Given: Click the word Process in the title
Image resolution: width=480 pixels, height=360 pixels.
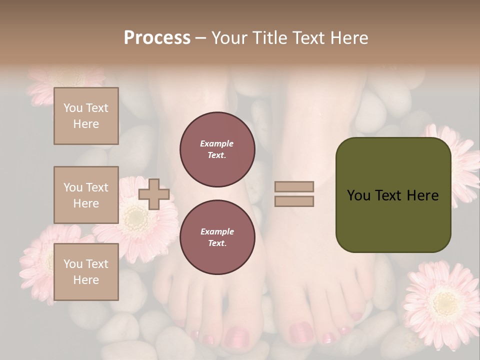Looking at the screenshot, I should tap(157, 37).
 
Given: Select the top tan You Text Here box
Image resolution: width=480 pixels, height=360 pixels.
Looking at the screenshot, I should tap(86, 116).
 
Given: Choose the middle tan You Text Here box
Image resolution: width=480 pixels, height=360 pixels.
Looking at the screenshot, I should tap(86, 195).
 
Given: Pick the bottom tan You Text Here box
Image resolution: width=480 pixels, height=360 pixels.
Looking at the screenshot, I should tap(86, 271).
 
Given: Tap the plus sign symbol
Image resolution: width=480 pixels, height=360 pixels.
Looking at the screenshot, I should tap(154, 194).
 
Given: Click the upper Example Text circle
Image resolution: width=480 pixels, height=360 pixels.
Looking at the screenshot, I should tap(217, 149).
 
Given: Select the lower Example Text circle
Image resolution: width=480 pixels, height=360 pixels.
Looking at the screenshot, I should tap(217, 237).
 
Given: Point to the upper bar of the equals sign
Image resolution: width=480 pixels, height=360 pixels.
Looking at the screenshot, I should tap(294, 186).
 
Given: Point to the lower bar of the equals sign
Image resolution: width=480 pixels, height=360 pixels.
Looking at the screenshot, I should tap(294, 201).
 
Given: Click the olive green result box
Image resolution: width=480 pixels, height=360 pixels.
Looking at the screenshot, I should tap(393, 195).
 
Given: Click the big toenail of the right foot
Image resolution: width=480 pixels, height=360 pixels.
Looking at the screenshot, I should tap(301, 331).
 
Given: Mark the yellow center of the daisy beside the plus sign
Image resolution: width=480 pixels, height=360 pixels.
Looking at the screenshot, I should tap(135, 218).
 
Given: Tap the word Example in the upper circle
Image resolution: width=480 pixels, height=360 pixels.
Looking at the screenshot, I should tap(217, 143).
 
